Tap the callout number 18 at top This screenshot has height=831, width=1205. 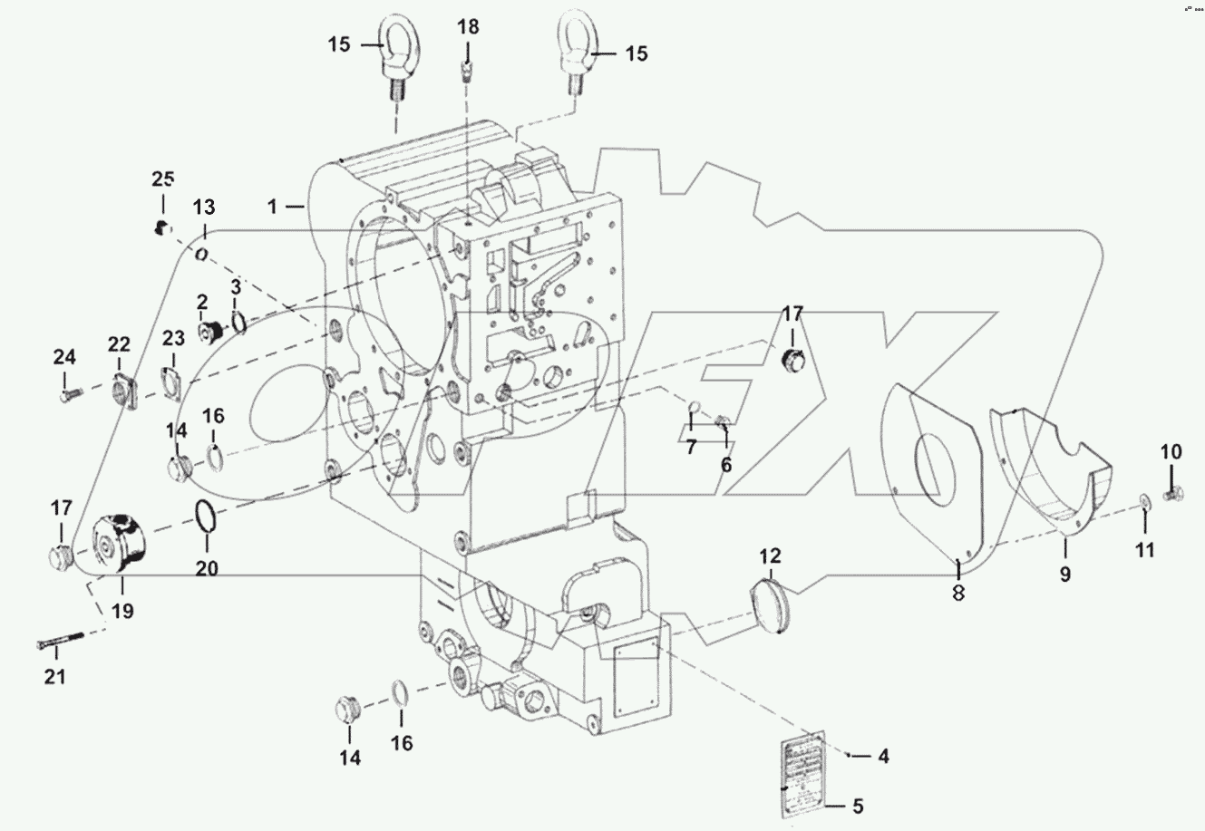pos(468,26)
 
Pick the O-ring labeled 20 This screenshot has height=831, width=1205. pos(206,517)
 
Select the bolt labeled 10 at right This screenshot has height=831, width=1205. pos(1171,495)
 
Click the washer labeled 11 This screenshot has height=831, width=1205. pos(1144,501)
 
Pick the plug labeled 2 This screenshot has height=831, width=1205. pos(211,333)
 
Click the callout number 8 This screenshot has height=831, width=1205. pos(959,594)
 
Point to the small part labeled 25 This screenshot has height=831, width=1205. pos(160,227)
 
